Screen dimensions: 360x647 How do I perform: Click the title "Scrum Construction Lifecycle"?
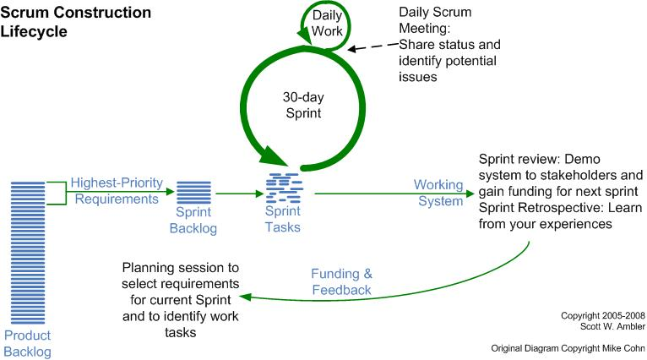coord(76,21)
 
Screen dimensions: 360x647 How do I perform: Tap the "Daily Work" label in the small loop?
coord(328,23)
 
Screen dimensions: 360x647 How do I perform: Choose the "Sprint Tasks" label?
coord(283,221)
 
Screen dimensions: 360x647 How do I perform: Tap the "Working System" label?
coord(439,193)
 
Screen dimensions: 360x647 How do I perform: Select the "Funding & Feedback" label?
coord(340,282)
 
